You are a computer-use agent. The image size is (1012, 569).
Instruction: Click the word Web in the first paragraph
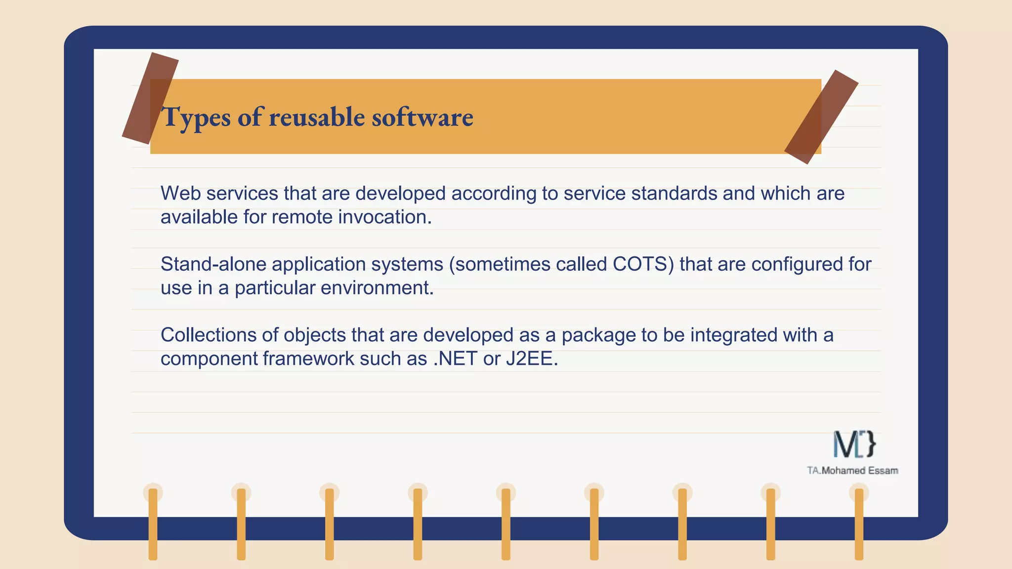pos(180,193)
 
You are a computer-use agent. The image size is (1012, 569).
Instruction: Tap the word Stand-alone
pos(213,264)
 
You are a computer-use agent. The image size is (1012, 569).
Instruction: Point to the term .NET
pos(455,359)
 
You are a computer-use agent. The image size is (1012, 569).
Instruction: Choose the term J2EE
pos(532,359)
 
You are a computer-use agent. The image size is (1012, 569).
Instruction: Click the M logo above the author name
pos(854,444)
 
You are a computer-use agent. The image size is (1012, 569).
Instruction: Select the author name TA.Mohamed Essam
pos(852,471)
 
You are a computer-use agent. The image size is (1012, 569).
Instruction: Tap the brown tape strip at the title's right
pos(821,117)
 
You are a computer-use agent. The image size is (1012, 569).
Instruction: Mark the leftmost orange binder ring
pos(153,524)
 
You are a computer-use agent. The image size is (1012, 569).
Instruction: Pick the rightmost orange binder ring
pos(859,524)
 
